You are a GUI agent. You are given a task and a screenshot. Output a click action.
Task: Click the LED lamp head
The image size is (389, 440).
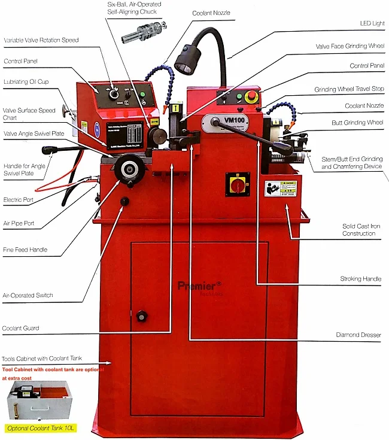tap(186, 62)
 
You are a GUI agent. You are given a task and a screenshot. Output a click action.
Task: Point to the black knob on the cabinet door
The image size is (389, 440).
tap(142, 315)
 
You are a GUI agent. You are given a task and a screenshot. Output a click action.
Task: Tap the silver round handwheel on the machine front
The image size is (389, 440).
tap(127, 167)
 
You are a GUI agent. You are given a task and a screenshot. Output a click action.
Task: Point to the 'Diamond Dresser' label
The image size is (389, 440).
tap(358, 335)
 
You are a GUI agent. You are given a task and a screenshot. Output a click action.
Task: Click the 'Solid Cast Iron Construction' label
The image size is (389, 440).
tap(358, 229)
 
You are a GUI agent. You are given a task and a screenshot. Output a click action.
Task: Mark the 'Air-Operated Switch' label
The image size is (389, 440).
tap(28, 295)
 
